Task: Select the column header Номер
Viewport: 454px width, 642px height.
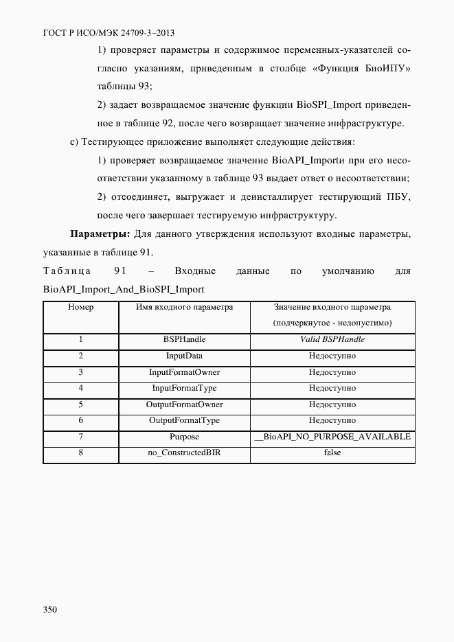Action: point(80,308)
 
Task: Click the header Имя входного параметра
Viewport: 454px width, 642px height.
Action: point(184,308)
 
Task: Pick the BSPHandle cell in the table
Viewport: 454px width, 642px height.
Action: point(184,340)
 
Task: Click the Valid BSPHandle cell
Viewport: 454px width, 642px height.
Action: point(332,340)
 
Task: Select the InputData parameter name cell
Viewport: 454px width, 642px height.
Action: point(184,356)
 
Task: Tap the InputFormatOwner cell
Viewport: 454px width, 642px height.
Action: point(184,372)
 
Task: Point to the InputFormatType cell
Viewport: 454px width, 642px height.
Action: point(184,388)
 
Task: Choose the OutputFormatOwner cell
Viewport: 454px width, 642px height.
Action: point(184,404)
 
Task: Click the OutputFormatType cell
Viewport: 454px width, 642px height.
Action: point(184,420)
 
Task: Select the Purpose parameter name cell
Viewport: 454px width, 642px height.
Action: point(184,437)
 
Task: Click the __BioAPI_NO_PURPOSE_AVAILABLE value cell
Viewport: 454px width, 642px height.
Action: point(332,437)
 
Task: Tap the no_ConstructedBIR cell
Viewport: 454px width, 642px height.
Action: point(184,452)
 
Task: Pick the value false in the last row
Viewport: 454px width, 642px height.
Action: point(332,452)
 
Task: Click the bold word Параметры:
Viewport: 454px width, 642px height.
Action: point(101,234)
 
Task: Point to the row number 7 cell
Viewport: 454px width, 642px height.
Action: point(80,437)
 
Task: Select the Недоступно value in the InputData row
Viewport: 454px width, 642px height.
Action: point(332,356)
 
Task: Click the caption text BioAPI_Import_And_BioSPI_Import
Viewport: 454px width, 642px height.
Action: point(124,288)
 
